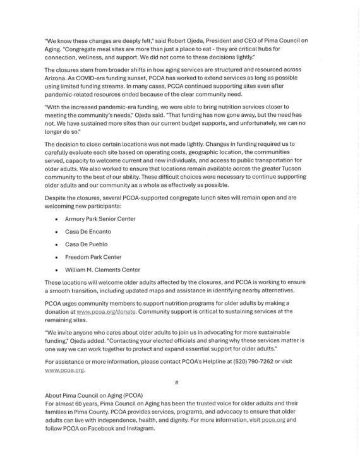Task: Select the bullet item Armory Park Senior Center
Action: (x=100, y=218)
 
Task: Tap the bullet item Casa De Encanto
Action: (x=88, y=231)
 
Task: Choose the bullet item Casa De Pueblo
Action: (x=86, y=244)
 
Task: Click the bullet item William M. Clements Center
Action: (x=102, y=270)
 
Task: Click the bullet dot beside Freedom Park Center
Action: (x=57, y=257)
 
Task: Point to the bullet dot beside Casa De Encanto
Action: (x=57, y=231)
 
